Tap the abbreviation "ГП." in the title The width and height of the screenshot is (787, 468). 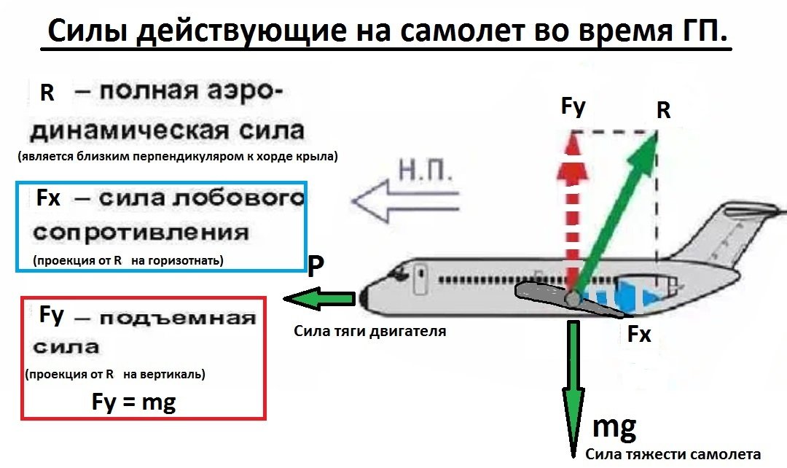[x=699, y=31]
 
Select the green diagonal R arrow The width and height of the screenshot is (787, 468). [x=616, y=211]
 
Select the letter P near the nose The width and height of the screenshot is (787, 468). [x=315, y=268]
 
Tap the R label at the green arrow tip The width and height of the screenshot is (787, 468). [x=662, y=111]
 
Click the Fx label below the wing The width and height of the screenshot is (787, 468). [x=639, y=335]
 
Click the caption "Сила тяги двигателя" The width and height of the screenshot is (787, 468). [x=369, y=331]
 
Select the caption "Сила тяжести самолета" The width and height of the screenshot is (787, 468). [x=673, y=454]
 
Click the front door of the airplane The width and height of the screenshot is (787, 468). [x=420, y=281]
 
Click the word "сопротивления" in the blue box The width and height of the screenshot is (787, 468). [x=141, y=233]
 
